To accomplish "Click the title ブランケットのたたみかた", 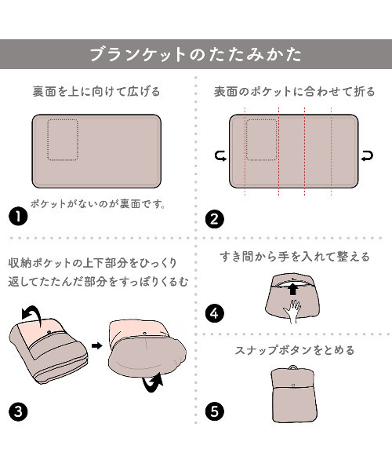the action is (196, 54).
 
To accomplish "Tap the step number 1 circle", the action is (18, 217).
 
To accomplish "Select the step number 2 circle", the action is (215, 219).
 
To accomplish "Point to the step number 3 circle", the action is (18, 411).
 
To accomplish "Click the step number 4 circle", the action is (215, 313).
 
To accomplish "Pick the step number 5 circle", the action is (215, 411).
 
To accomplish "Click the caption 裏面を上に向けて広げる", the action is (96, 91).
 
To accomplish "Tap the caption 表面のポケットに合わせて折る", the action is (294, 91).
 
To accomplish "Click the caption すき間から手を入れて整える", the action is (295, 257).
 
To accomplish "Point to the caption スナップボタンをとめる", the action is (295, 350).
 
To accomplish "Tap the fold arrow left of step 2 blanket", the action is (221, 156).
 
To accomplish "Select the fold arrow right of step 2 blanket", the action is (367, 156).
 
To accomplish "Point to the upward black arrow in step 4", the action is (293, 289).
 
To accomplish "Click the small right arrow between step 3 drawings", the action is (97, 345).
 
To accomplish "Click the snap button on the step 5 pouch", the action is (293, 385).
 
